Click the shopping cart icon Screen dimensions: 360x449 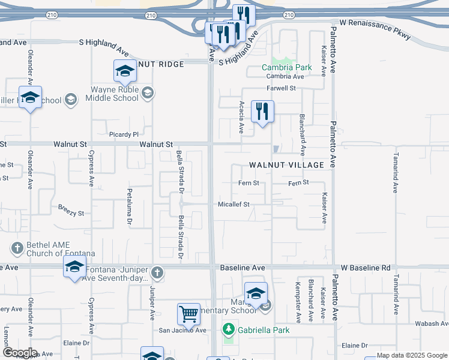pos(188,313)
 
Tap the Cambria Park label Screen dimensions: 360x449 pos(286,68)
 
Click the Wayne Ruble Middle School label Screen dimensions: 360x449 pos(114,94)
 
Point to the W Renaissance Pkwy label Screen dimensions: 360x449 pos(375,29)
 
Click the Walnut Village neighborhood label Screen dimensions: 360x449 pos(286,164)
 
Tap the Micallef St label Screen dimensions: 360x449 pos(233,205)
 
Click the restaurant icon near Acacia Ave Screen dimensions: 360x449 pos(262,111)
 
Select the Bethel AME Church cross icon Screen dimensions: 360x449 pos(17,248)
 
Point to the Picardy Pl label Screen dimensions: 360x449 pos(124,134)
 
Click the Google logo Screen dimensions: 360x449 pos(20,353)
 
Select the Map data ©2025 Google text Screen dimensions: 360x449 pos(411,355)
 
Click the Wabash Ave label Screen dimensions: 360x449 pos(432,323)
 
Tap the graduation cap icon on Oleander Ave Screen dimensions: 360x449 pos(29,97)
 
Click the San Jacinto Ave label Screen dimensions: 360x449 pos(182,331)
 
